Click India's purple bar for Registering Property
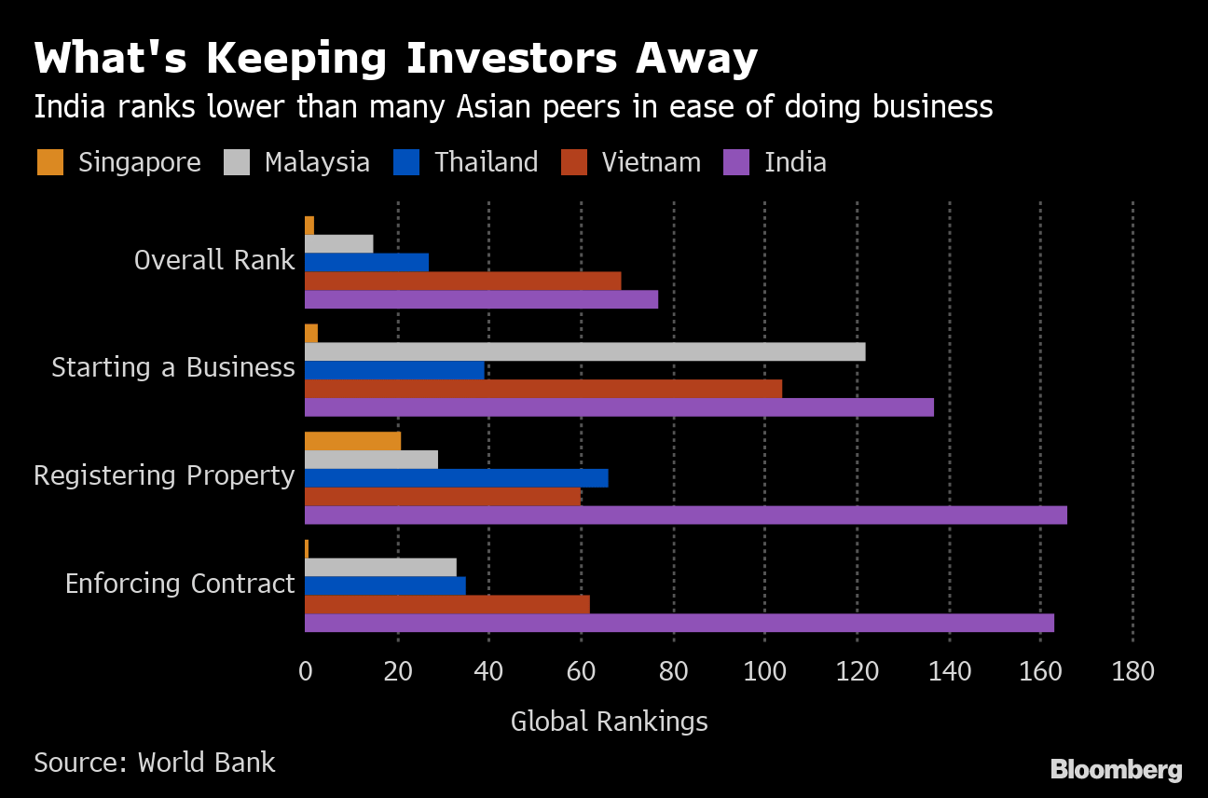coord(685,516)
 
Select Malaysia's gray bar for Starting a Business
coord(584,351)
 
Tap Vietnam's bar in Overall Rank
coord(462,281)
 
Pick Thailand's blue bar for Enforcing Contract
coord(385,585)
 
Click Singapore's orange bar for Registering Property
coord(352,441)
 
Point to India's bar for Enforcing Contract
coord(679,623)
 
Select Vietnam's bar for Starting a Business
coord(542,389)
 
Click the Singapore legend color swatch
coord(50,162)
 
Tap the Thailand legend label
coord(486,162)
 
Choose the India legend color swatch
coord(736,162)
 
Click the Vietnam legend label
coord(651,162)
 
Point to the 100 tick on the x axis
coord(764,671)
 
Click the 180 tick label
coord(1132,671)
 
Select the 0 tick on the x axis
coord(305,671)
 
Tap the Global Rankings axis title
coord(609,722)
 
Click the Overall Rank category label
coord(214,260)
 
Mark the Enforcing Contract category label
coord(180,584)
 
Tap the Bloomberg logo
coord(1116,770)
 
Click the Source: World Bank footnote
coord(155,763)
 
